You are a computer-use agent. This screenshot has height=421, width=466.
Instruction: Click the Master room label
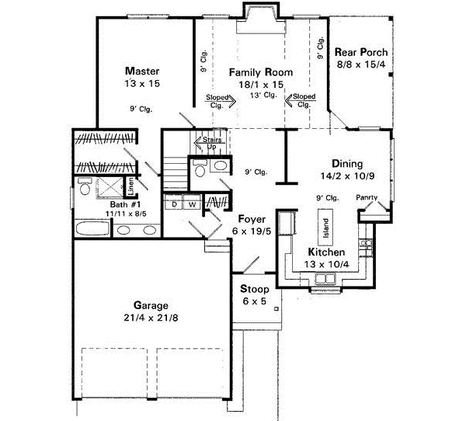[140, 69]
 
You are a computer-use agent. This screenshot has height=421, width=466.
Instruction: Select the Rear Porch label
[360, 53]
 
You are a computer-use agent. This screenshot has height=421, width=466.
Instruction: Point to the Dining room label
[346, 164]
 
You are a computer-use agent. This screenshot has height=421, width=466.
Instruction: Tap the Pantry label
[367, 197]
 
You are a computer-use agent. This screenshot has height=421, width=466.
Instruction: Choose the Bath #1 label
[96, 201]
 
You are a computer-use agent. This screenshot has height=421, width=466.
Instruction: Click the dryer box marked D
[176, 204]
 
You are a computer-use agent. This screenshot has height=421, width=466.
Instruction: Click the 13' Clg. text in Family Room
[264, 95]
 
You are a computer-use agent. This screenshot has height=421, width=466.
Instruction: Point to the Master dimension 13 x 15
[140, 82]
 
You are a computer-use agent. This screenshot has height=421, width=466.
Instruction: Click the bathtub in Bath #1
[92, 230]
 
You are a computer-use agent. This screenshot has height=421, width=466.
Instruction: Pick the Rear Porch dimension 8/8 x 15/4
[360, 64]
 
